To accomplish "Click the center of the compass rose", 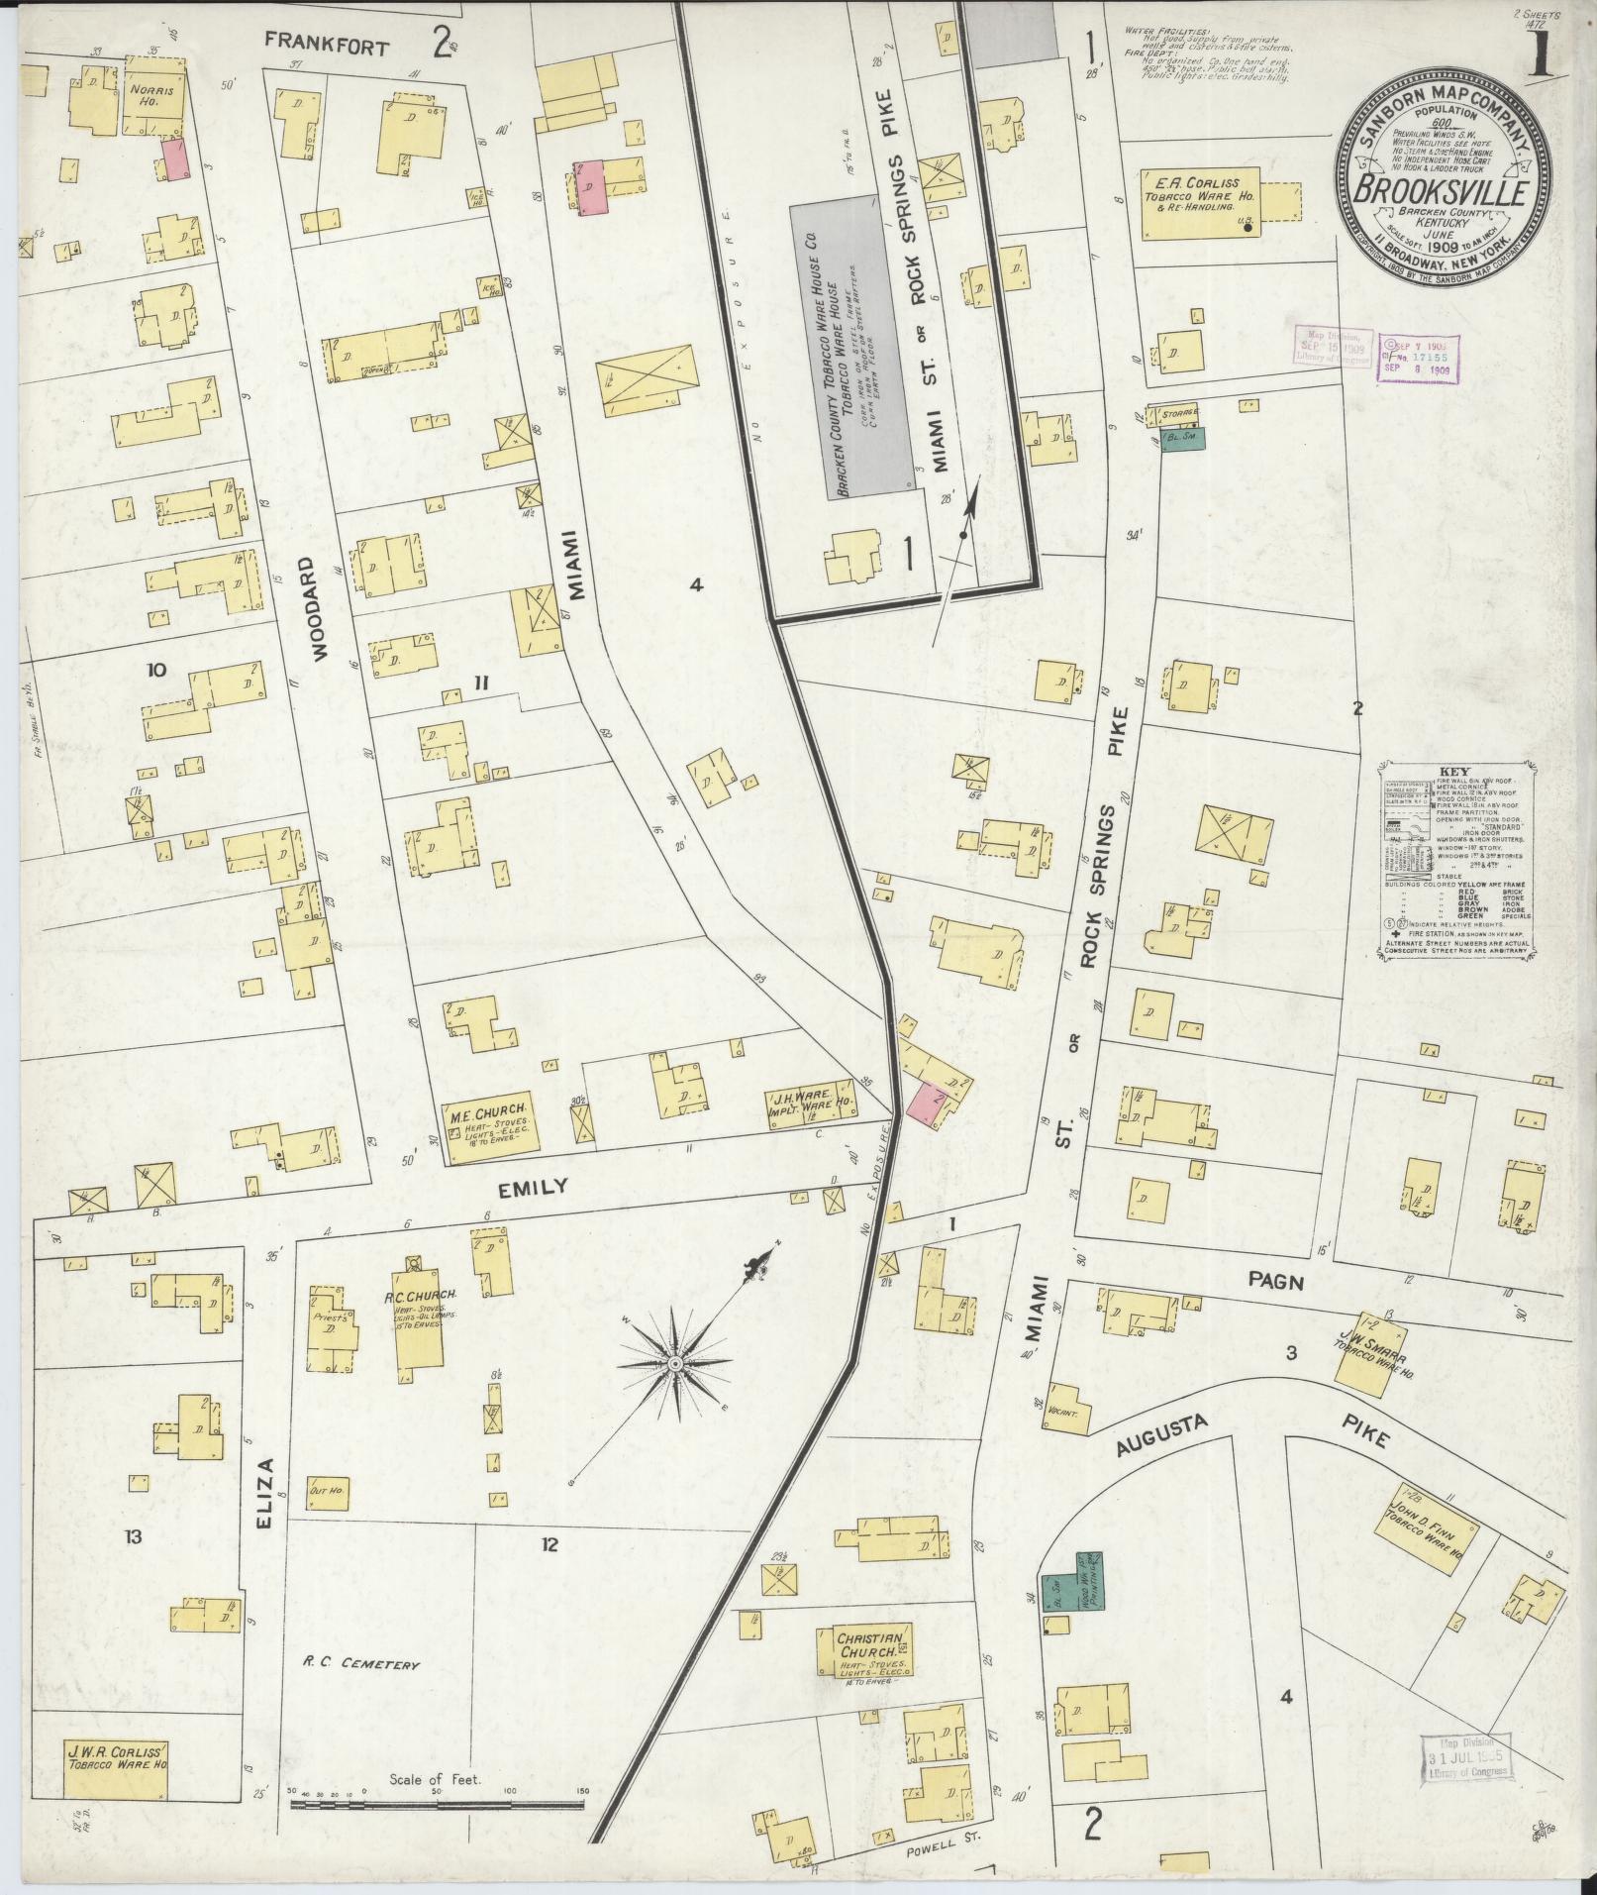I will click(x=673, y=1365).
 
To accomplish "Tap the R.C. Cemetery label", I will click(x=362, y=1664).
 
